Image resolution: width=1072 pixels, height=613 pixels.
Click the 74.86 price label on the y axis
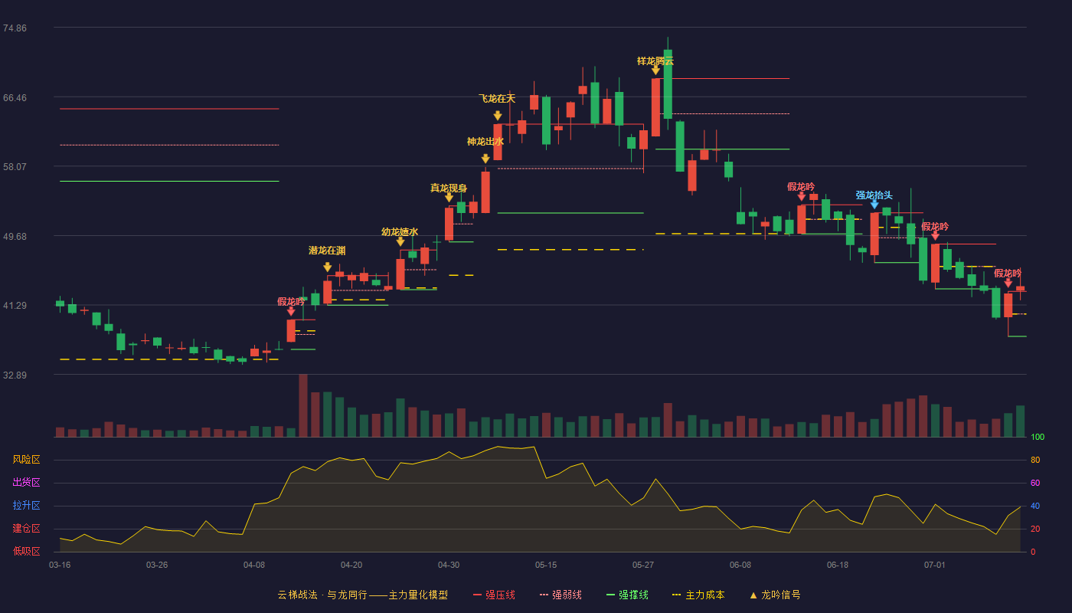(x=15, y=28)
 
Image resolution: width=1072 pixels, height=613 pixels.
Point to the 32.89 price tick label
(x=15, y=375)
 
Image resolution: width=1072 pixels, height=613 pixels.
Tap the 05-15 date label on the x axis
(x=546, y=565)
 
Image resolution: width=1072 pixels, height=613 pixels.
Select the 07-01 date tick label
(x=935, y=565)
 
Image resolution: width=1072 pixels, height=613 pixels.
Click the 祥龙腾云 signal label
(x=655, y=61)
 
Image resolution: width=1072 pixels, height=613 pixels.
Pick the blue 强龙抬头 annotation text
(x=874, y=195)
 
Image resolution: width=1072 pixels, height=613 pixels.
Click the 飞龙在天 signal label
(x=497, y=99)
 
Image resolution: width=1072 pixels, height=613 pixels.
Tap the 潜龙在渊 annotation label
(x=327, y=251)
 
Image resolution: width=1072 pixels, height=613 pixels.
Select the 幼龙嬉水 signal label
(x=400, y=231)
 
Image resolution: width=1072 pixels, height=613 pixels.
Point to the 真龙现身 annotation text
(x=449, y=188)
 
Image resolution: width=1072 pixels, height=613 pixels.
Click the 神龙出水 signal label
(x=485, y=141)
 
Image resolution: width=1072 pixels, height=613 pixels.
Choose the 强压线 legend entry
(x=494, y=595)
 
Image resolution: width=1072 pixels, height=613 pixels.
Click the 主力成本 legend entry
(x=698, y=595)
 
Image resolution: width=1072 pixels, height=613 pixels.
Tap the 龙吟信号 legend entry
(x=775, y=595)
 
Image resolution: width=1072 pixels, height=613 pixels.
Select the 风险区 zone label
(x=26, y=460)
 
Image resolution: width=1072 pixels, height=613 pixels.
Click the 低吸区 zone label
(x=26, y=552)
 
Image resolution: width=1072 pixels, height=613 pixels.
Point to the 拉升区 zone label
(x=26, y=506)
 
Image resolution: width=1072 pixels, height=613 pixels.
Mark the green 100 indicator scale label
(x=1038, y=437)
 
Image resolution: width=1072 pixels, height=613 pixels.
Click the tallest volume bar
(x=303, y=405)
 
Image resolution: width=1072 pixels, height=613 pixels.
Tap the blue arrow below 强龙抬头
(x=874, y=205)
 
